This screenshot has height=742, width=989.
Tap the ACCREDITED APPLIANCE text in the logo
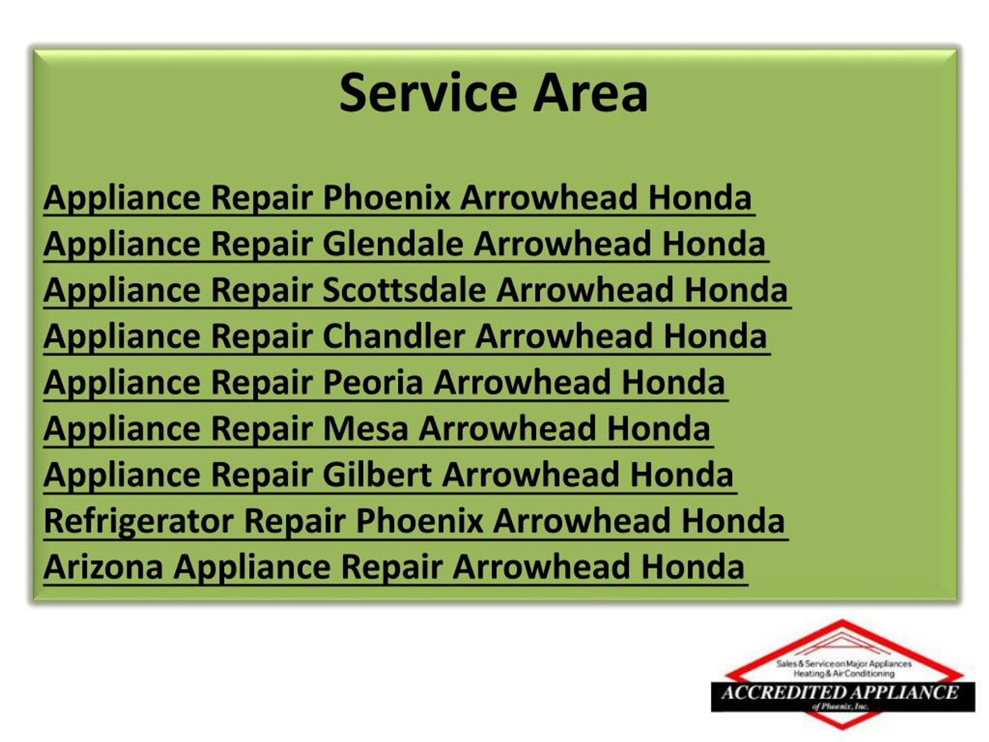point(839,693)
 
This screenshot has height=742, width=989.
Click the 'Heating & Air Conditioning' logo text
point(844,674)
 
